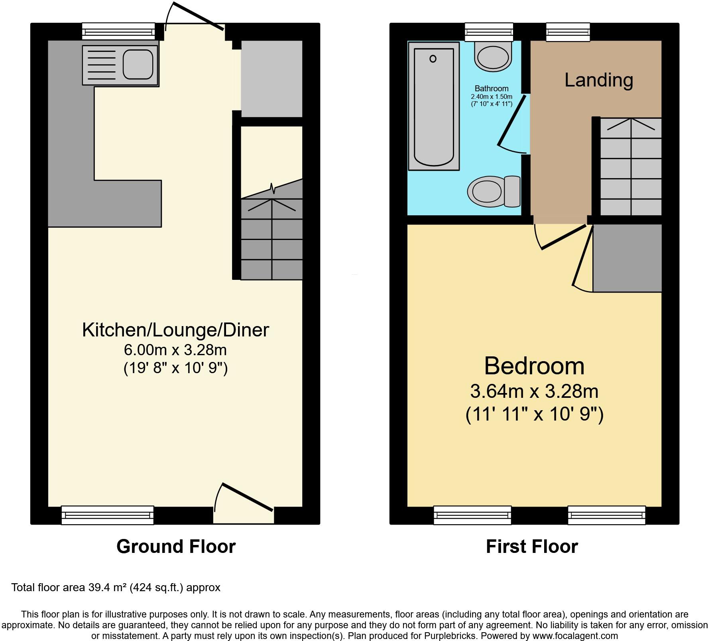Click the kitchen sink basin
pos(138,64)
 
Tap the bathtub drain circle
pos(433,59)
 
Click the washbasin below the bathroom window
pos(493,57)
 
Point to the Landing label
pos(599,80)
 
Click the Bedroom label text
pos(534,366)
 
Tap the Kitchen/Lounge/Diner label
pos(175,330)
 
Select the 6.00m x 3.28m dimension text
pos(175,350)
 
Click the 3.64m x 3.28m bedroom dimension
pos(534,391)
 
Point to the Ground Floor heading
pos(176,546)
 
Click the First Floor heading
pos(532,546)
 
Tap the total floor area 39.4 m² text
pos(116,588)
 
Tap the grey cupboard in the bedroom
pos(627,258)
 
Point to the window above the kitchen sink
pos(118,31)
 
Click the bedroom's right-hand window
pos(606,515)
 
